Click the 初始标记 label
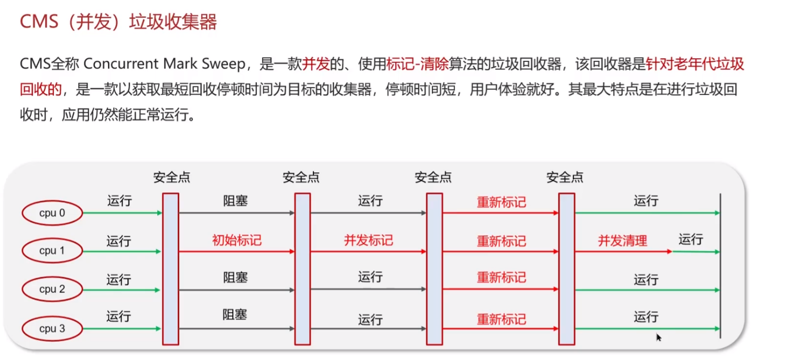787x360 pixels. tap(237, 241)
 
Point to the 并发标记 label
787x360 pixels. tap(368, 241)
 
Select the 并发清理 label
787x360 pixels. tap(622, 241)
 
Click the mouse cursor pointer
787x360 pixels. tap(659, 337)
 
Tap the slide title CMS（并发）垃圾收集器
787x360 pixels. tap(118, 22)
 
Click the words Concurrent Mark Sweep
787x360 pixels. tap(165, 64)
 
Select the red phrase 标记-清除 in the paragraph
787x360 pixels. tap(417, 64)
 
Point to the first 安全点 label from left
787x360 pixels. tap(171, 177)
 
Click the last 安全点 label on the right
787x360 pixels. tap(565, 177)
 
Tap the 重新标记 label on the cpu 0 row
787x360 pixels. tap(501, 202)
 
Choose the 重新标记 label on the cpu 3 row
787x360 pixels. tap(501, 319)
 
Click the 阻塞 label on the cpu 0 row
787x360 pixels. tap(235, 201)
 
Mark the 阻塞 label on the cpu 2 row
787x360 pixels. tap(235, 277)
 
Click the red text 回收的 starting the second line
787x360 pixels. tap(41, 90)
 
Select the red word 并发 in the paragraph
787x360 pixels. tap(315, 64)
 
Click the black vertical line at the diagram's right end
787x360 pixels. tap(720, 266)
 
